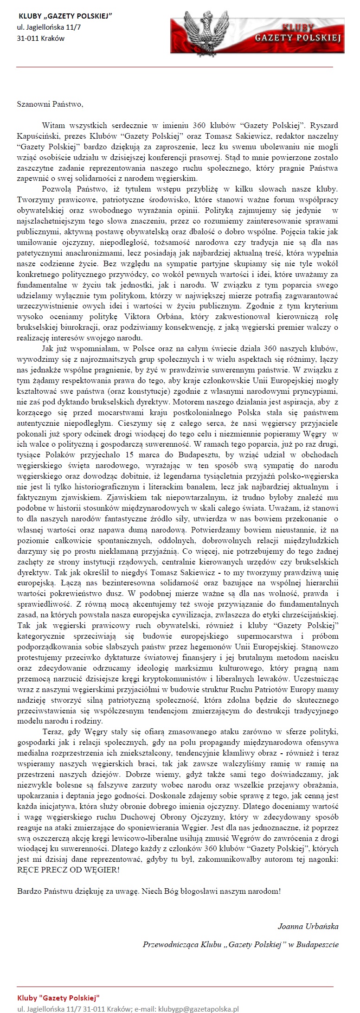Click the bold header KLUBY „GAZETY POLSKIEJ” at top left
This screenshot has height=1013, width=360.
pyautogui.click(x=65, y=16)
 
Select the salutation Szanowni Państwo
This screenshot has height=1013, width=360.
pyautogui.click(x=50, y=104)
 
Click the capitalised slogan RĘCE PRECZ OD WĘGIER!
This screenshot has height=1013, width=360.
pyautogui.click(x=68, y=870)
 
